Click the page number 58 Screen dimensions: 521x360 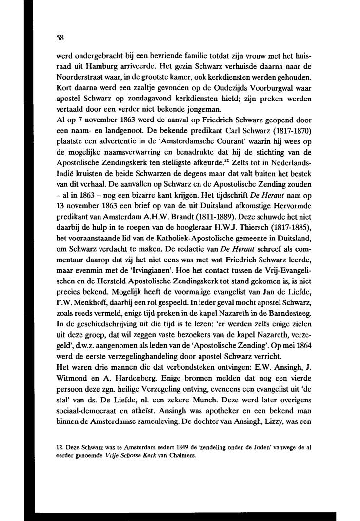[60, 37]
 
